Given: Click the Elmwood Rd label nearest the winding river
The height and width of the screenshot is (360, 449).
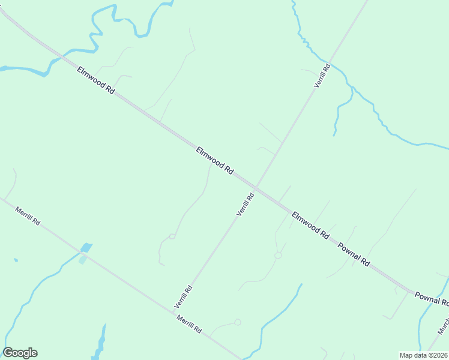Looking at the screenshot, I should pyautogui.click(x=95, y=80).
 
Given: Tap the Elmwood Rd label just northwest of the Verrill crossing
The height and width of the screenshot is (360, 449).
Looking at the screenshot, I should pyautogui.click(x=214, y=160).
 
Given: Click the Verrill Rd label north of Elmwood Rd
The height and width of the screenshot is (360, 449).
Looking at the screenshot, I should pyautogui.click(x=322, y=76).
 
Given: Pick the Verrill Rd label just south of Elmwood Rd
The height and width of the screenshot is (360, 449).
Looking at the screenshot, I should pyautogui.click(x=246, y=203).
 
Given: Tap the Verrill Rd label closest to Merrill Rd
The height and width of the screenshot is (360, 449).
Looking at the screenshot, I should pyautogui.click(x=184, y=296).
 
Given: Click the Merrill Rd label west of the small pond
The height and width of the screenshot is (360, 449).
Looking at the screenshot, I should pyautogui.click(x=28, y=216).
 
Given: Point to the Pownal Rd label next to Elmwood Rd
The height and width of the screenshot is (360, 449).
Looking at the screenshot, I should pyautogui.click(x=354, y=254).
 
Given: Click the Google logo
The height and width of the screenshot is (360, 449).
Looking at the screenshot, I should pyautogui.click(x=20, y=353).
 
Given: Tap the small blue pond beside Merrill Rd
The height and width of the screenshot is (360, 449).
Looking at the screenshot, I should pyautogui.click(x=86, y=248).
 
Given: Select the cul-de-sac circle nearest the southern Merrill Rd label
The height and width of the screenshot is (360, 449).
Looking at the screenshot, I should pyautogui.click(x=238, y=322).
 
